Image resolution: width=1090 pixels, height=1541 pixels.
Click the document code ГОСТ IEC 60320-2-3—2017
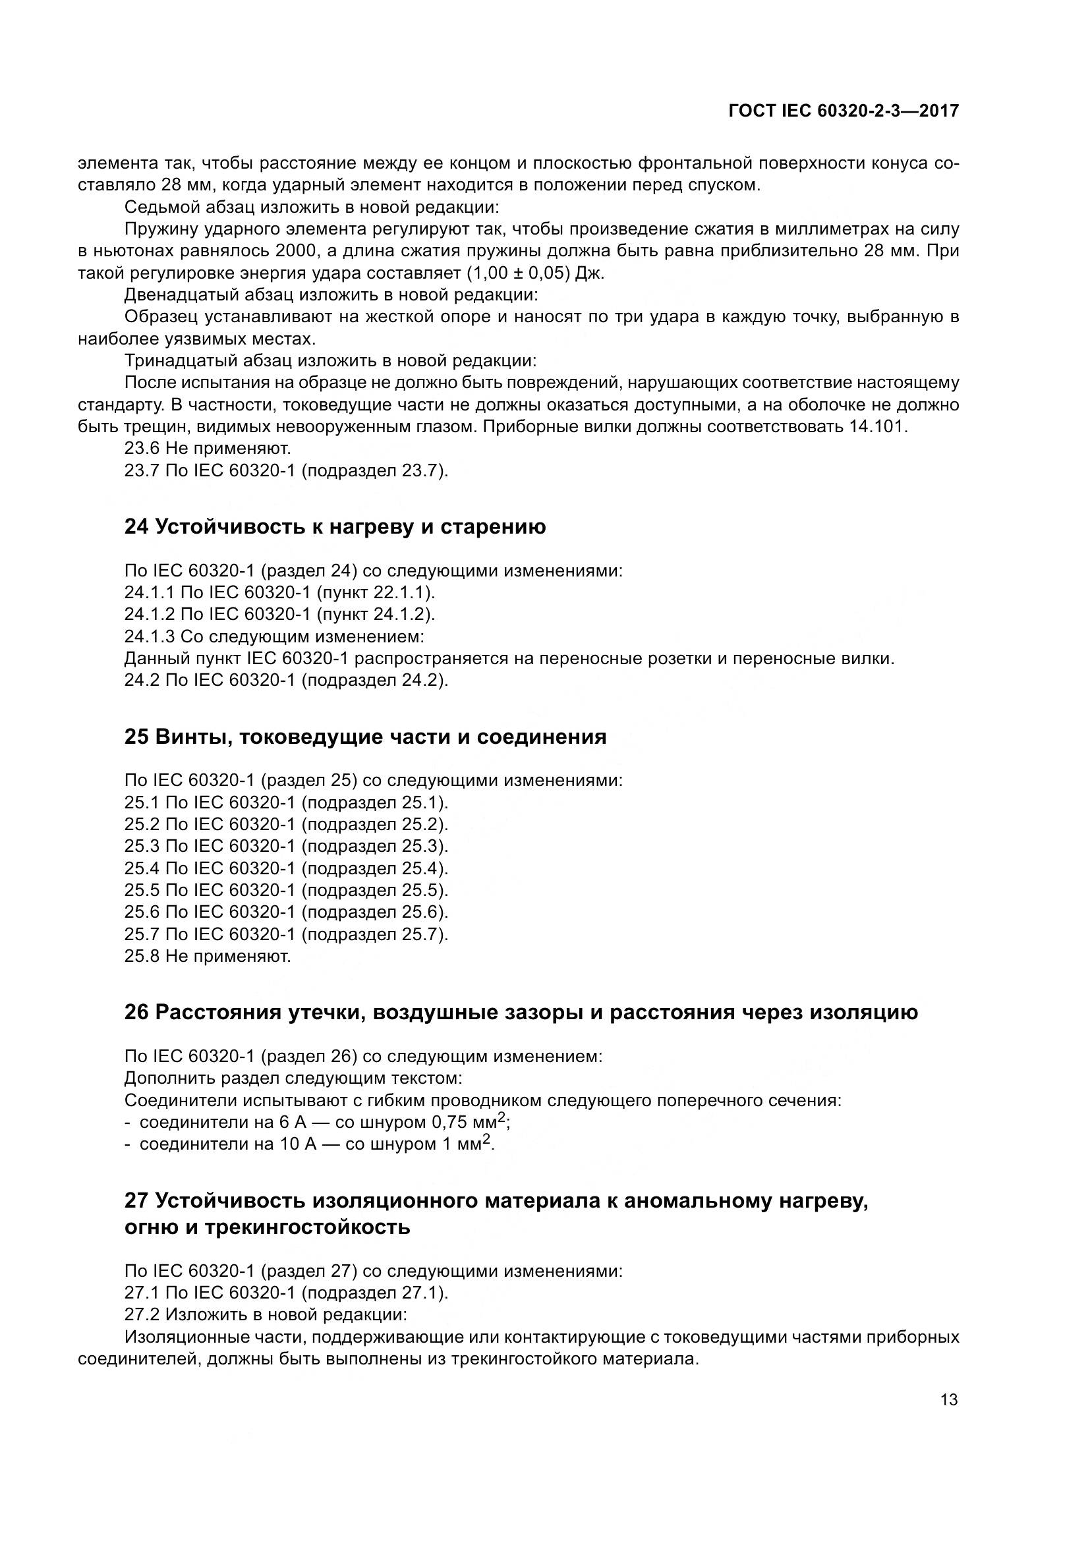[843, 111]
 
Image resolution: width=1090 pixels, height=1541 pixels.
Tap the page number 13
[949, 1400]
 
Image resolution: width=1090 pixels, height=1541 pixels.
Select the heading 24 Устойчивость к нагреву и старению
[335, 527]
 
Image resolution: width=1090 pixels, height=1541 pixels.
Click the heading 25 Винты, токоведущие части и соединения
[365, 737]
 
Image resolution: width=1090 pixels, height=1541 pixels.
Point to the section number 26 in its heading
[136, 1012]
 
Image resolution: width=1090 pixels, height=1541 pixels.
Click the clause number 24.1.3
[150, 636]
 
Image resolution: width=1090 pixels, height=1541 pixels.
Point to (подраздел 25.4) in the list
[374, 868]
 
